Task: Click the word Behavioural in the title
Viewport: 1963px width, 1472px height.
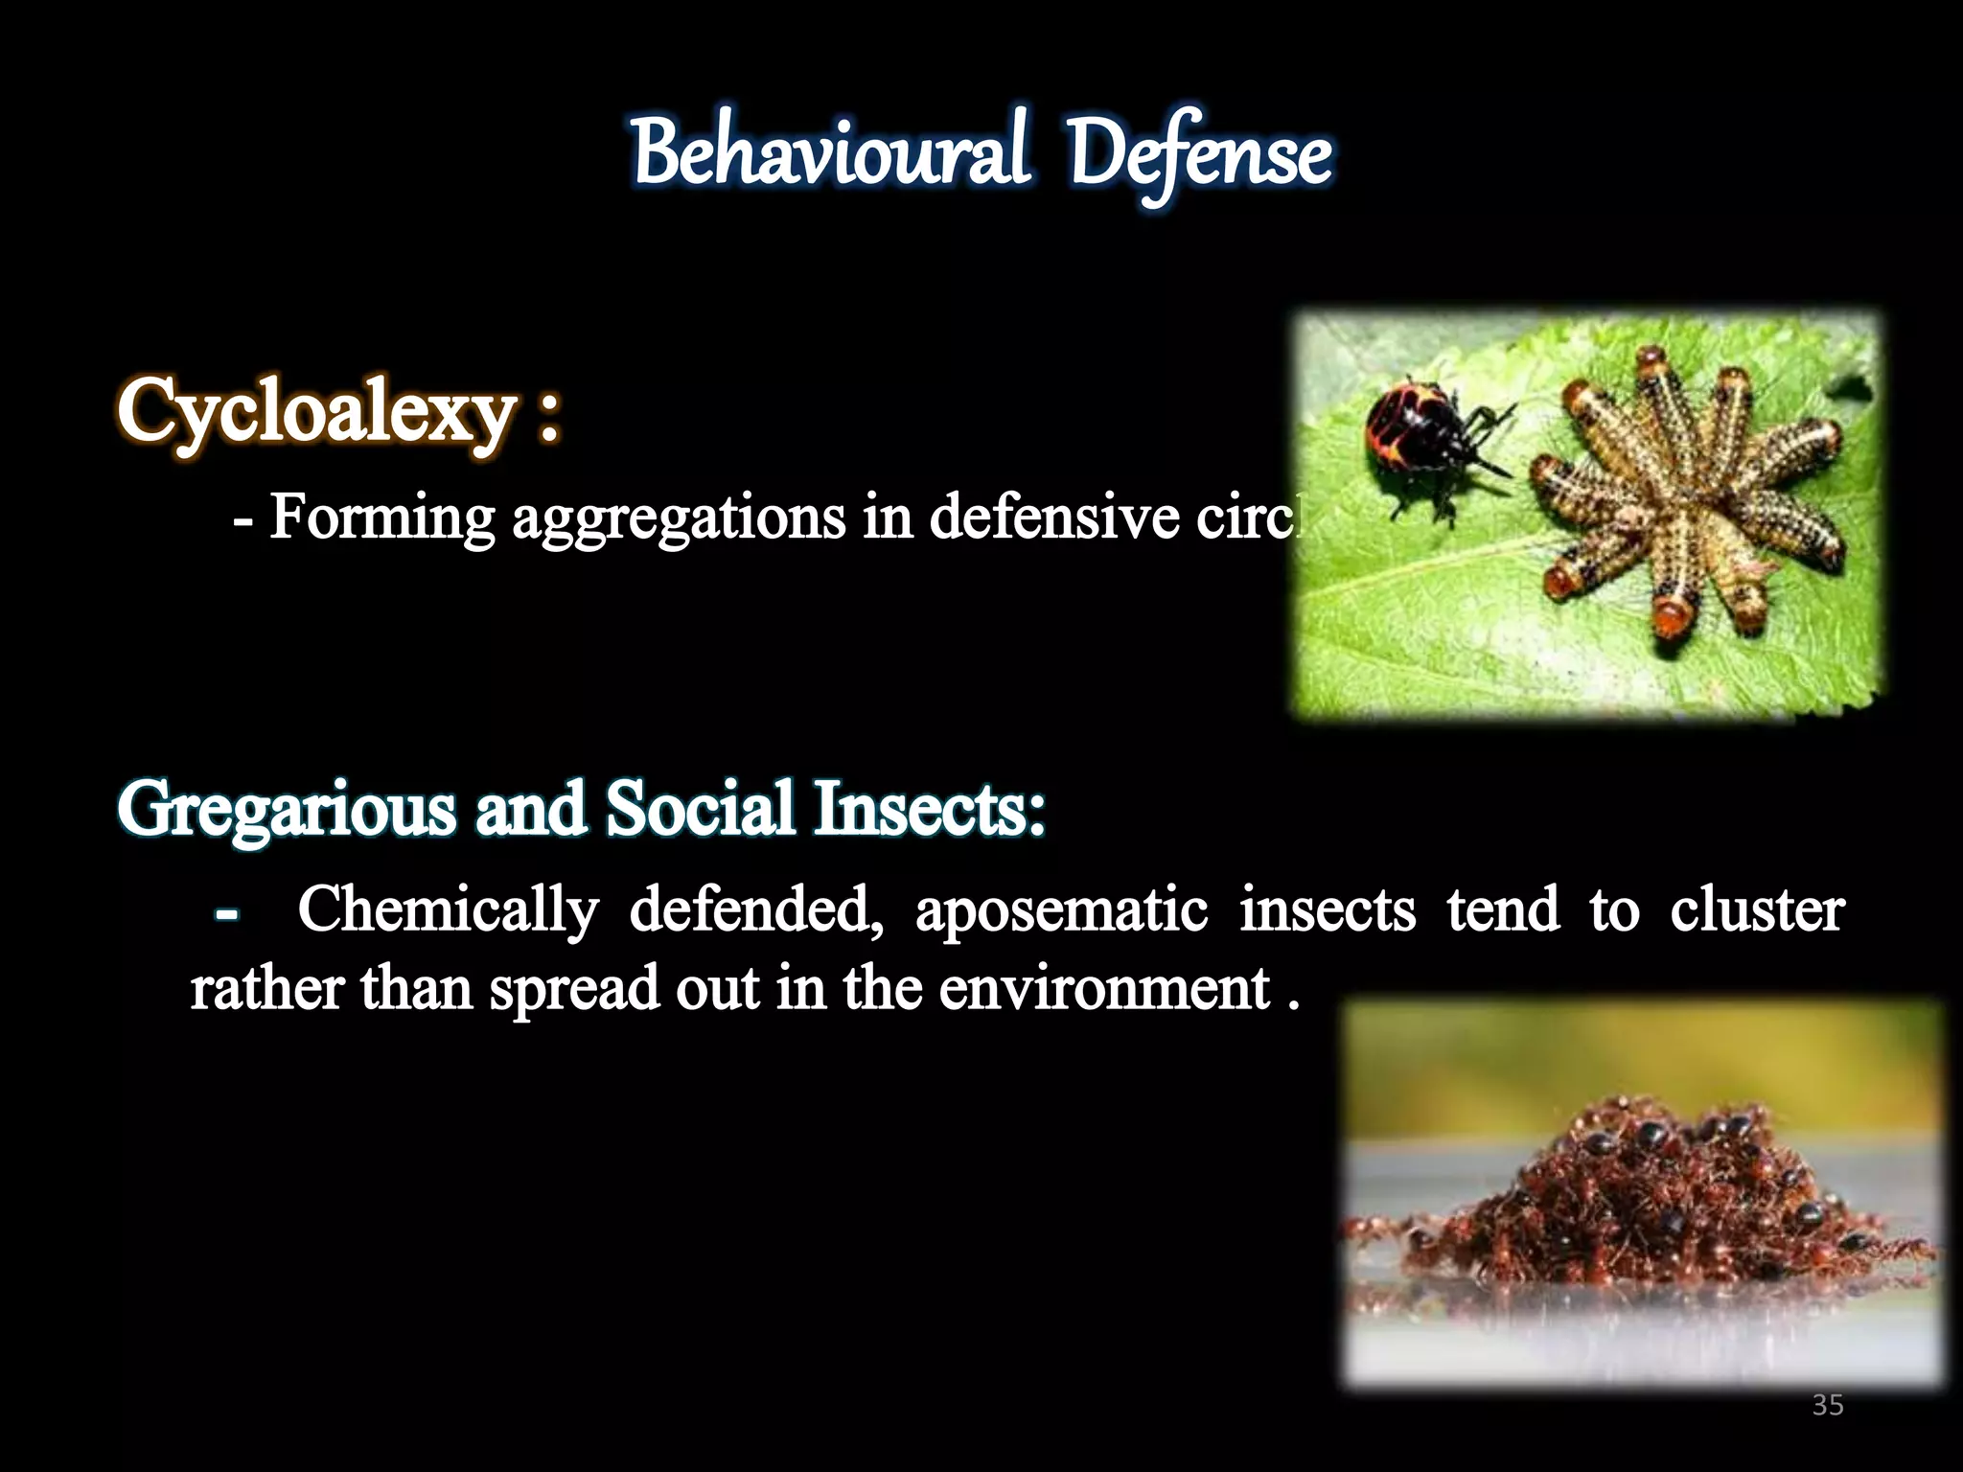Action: coord(830,155)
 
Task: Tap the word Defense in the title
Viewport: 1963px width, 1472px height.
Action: coord(1200,157)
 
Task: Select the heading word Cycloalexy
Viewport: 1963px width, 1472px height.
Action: coord(316,412)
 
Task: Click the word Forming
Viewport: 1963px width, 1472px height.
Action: coord(381,517)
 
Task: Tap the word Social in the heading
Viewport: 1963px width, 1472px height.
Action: coord(700,808)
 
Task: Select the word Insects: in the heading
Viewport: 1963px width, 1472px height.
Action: coord(930,808)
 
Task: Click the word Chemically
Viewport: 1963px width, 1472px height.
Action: coord(448,911)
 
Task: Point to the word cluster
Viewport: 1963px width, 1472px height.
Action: coord(1757,909)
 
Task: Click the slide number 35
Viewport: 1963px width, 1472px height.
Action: coord(1828,1406)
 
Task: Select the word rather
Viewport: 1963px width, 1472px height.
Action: coord(266,989)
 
